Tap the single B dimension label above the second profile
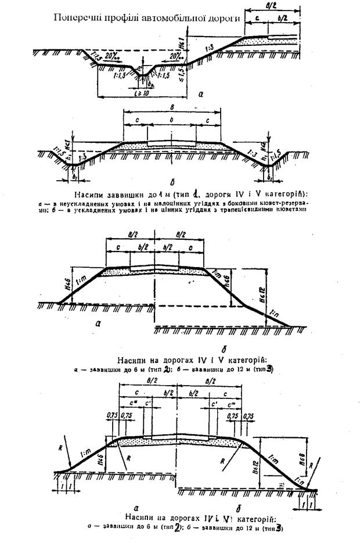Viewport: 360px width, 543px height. coord(172,107)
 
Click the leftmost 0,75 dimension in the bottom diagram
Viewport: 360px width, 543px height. coord(113,416)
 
